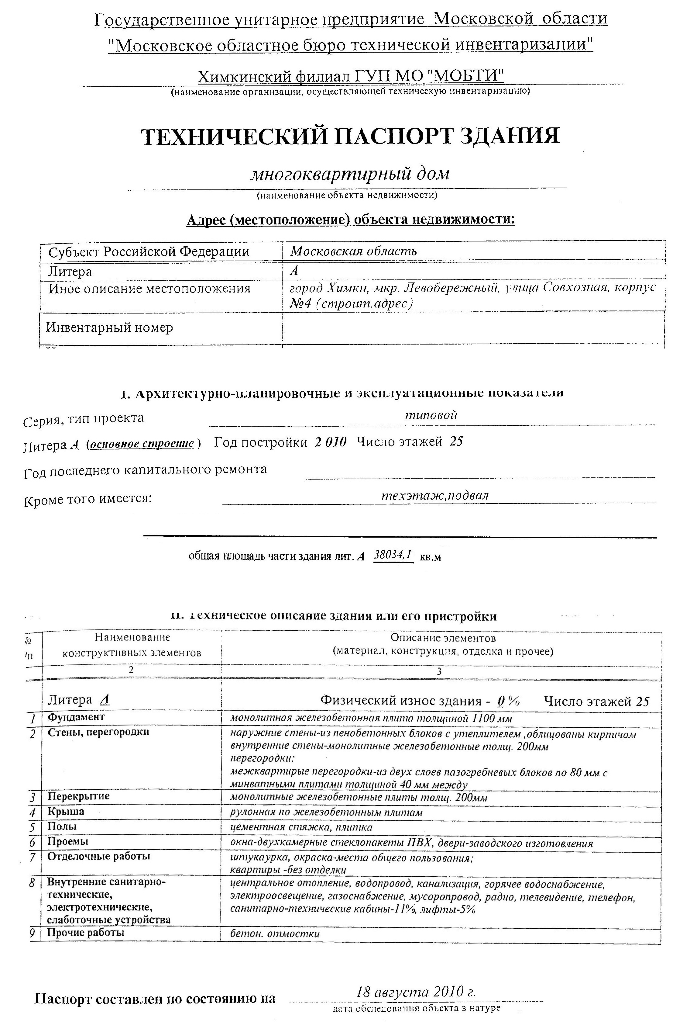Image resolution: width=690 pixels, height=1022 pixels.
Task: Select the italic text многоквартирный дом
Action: point(350,174)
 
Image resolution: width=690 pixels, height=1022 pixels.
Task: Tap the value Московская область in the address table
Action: point(353,251)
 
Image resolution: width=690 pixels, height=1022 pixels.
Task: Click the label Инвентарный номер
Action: point(109,327)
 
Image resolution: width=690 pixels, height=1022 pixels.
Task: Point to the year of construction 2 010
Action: point(331,442)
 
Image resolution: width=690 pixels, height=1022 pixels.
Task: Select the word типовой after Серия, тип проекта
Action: point(431,415)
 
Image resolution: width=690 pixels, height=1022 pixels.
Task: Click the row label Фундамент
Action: point(76,717)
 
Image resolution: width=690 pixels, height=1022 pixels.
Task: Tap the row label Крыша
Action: point(66,811)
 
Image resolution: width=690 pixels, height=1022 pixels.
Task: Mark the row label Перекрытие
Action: point(78,796)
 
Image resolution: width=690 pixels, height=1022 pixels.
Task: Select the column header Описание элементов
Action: point(443,638)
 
